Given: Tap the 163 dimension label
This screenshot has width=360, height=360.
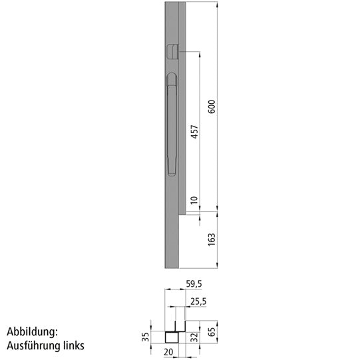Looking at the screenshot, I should (212, 239).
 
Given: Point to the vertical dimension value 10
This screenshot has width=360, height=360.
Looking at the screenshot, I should (194, 200).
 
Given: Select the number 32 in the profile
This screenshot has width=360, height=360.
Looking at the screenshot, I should (195, 336).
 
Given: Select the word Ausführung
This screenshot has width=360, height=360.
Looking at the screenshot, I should (34, 346).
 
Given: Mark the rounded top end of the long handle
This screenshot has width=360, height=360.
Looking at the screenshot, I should (170, 79).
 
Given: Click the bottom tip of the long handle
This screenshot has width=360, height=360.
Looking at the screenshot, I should (171, 172).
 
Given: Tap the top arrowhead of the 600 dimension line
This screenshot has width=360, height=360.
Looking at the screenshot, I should (218, 3).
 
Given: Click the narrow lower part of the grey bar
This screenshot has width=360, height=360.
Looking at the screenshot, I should (171, 240).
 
